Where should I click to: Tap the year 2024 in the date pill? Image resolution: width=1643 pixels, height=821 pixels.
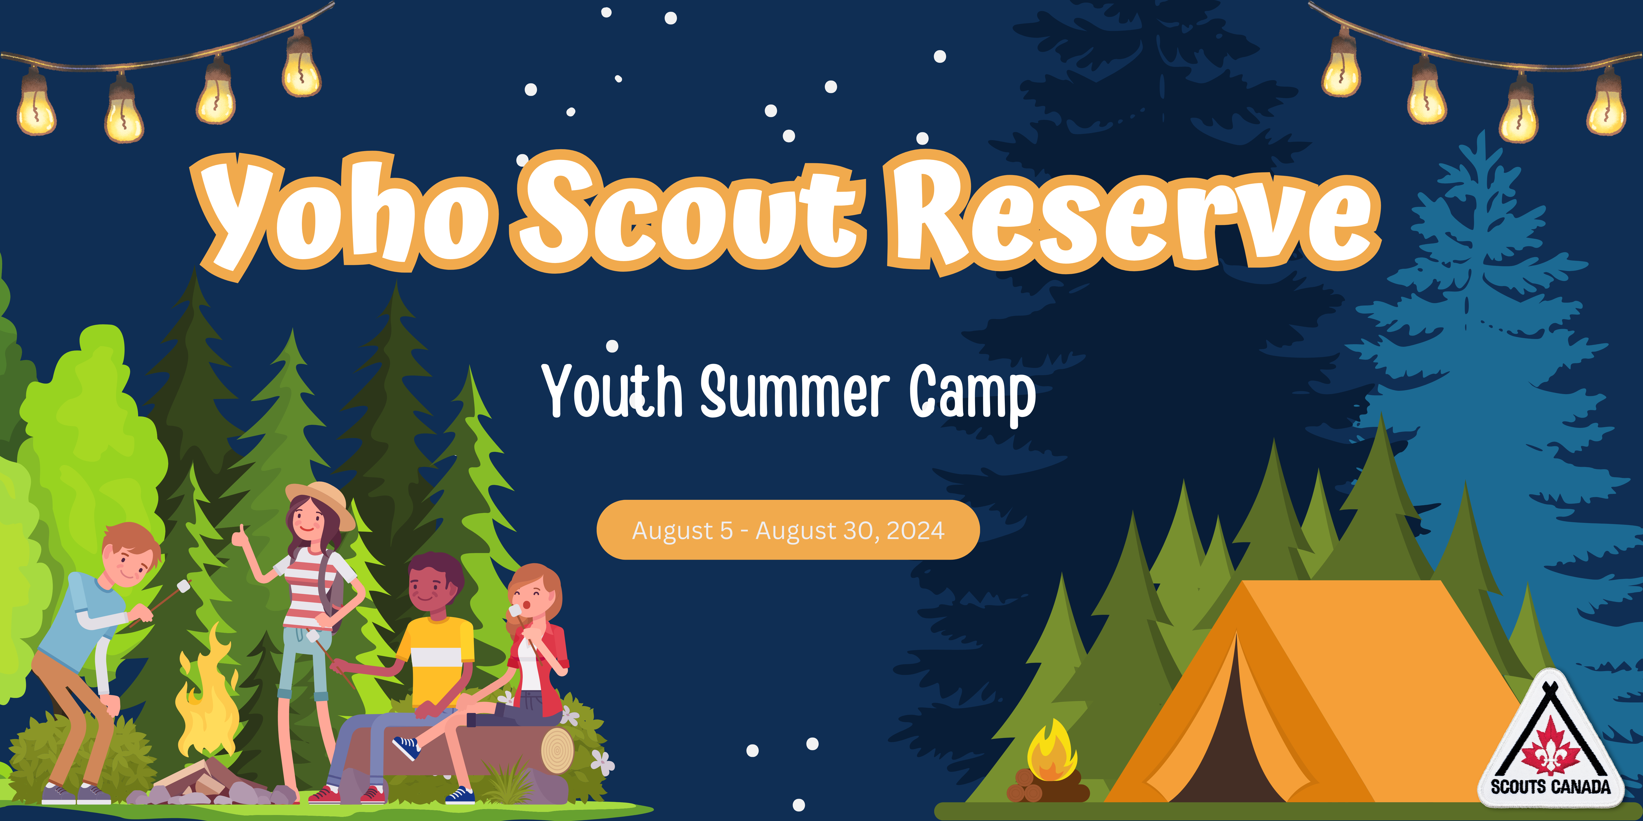coord(915,530)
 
